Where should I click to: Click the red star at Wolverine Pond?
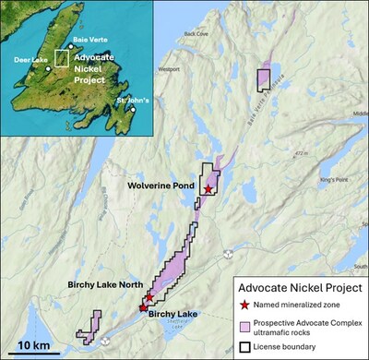(x=208, y=188)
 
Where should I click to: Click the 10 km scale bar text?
(x=34, y=345)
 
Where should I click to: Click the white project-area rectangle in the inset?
(x=61, y=57)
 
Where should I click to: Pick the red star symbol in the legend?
(x=244, y=306)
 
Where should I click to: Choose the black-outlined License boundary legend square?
(x=244, y=347)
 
